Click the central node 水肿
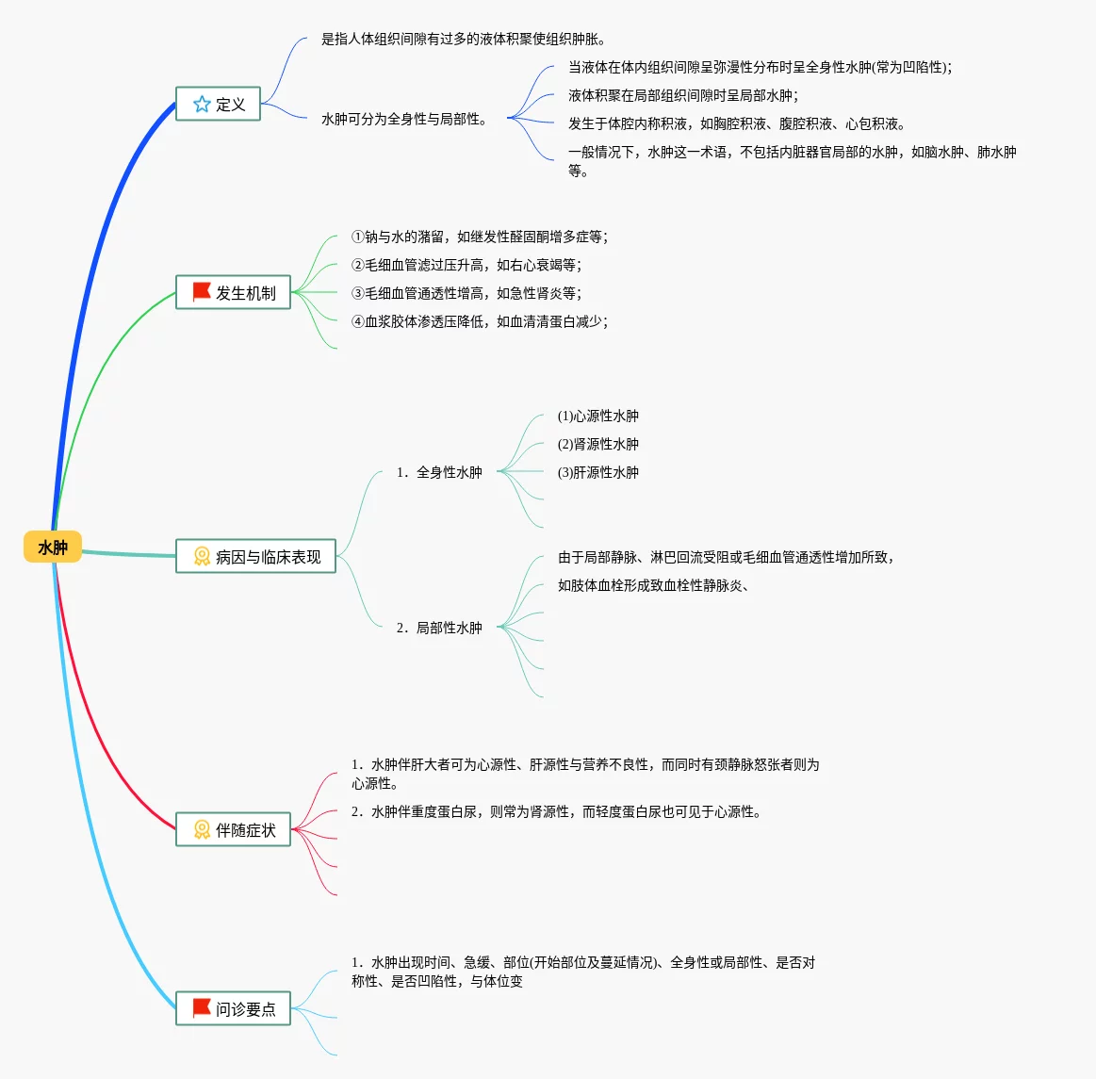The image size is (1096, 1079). (53, 548)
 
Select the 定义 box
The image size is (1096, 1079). (218, 104)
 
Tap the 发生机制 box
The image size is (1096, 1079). (233, 292)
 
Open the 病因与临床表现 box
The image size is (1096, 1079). (255, 556)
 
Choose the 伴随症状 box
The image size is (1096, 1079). (233, 829)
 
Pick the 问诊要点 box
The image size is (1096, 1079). (233, 1008)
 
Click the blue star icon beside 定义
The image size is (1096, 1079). (202, 104)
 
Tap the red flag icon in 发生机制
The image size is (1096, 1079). (202, 292)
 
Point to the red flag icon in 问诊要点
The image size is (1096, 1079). (202, 1008)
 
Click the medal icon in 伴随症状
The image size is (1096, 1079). (202, 829)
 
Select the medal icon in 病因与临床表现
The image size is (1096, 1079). (202, 556)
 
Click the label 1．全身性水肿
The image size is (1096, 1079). (439, 472)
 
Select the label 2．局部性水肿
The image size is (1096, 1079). (439, 628)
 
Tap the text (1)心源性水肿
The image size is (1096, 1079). (597, 416)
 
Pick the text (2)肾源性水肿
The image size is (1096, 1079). (597, 444)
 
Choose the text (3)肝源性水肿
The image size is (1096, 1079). (597, 472)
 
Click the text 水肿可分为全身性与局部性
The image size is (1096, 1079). (403, 119)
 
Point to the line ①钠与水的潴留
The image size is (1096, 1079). (479, 237)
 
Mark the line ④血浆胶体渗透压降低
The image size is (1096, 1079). (479, 321)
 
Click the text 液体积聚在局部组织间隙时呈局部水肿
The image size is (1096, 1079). (683, 95)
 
